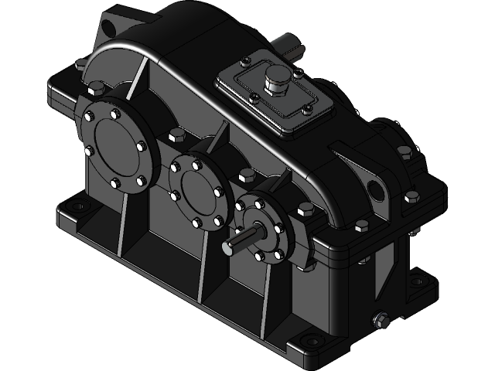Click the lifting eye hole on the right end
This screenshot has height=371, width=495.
377,188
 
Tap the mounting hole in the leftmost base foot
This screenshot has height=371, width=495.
77,206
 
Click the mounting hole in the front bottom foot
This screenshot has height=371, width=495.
312,340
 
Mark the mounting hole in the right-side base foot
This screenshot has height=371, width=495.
418,281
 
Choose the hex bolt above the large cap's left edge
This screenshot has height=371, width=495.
97,87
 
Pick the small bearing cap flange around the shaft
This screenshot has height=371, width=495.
261,229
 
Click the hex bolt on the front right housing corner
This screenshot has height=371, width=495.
360,227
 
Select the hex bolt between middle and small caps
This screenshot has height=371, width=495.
247,176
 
